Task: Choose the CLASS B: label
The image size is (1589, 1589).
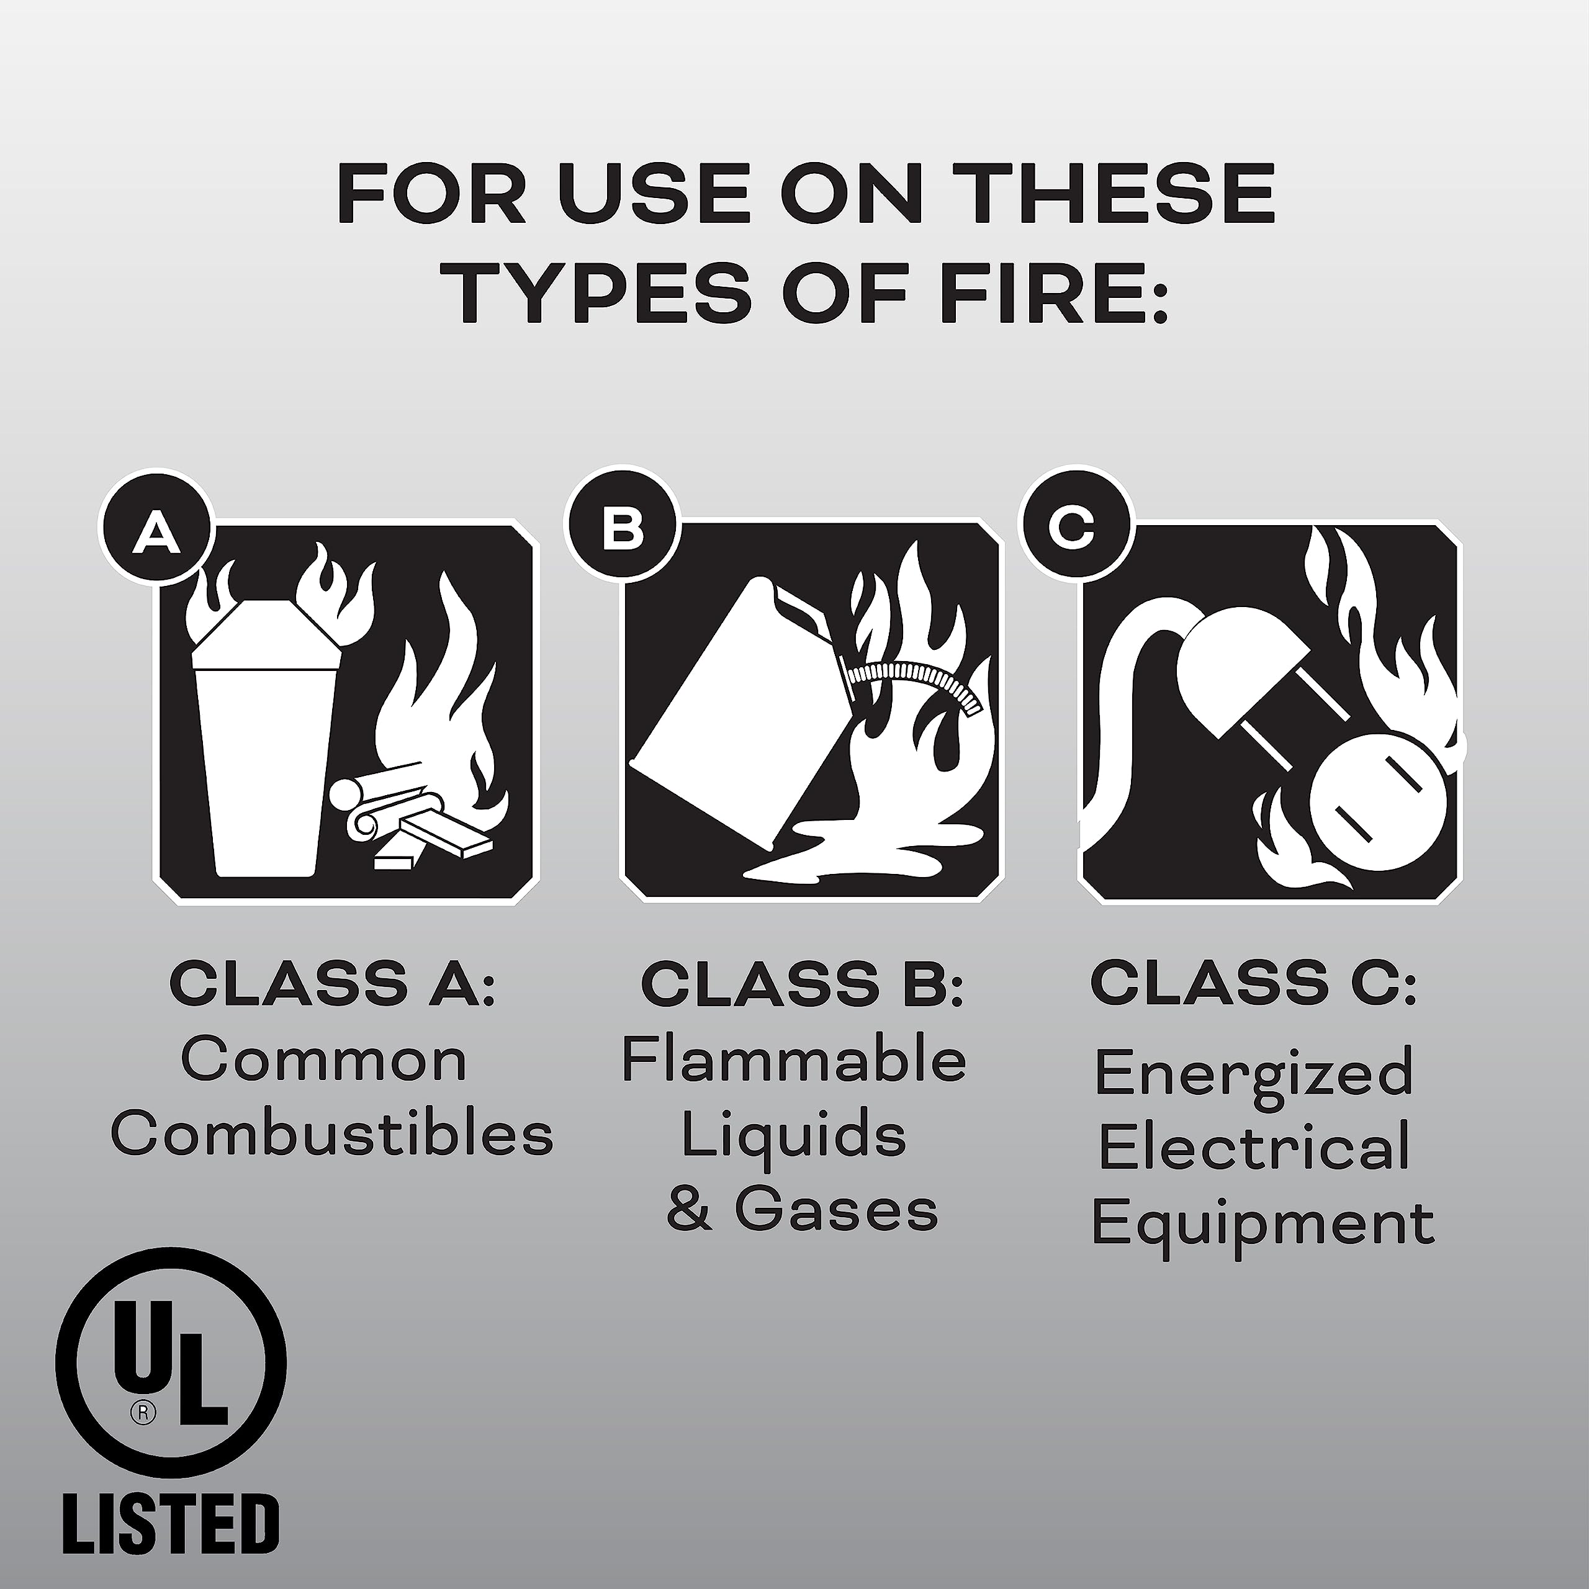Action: [802, 984]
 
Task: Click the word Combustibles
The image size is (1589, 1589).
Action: [332, 1136]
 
